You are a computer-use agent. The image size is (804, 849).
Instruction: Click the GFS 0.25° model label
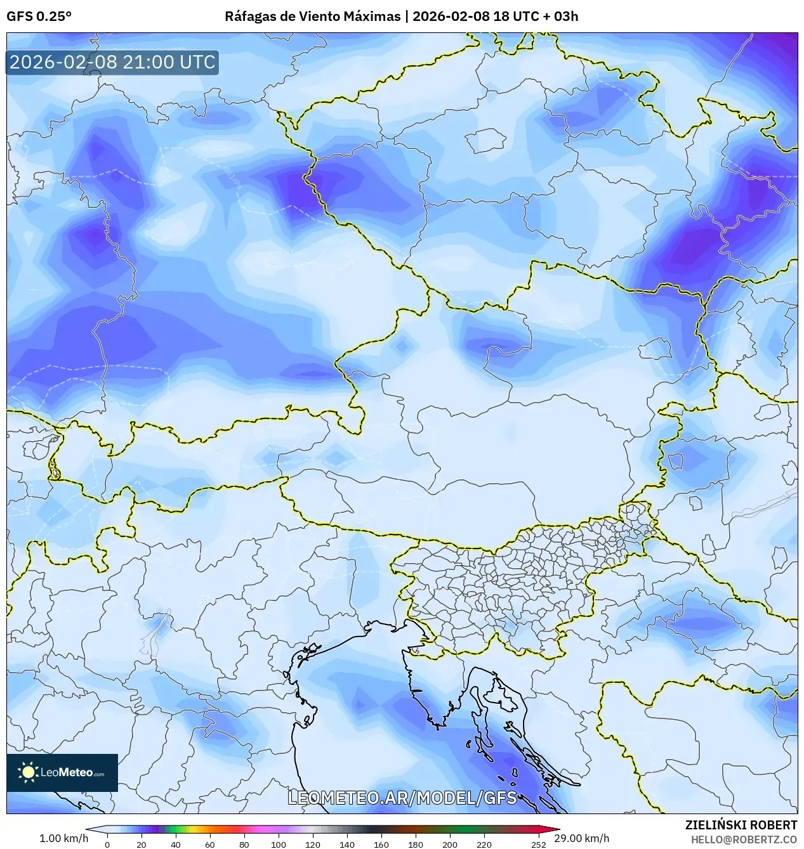pos(39,16)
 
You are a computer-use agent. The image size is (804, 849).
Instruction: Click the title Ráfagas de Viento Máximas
pos(312,16)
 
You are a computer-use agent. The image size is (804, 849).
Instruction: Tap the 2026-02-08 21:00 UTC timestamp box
pos(112,62)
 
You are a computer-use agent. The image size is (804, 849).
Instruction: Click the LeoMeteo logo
pos(62,772)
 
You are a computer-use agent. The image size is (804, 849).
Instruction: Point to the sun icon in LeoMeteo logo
pos(28,772)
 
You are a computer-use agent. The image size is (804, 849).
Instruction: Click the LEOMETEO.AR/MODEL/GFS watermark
pos(402,798)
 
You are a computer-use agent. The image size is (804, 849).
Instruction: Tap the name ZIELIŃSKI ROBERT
pos(741,825)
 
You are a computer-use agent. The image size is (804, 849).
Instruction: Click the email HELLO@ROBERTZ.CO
pos(744,839)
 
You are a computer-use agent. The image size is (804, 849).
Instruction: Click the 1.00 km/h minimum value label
pos(64,838)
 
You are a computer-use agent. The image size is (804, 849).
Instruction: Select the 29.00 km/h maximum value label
pos(581,838)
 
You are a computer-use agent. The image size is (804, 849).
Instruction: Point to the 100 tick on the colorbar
pos(279,844)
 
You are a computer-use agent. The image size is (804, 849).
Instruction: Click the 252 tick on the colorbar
pos(539,844)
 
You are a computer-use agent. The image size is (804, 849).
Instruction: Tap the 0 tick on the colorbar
pos(107,844)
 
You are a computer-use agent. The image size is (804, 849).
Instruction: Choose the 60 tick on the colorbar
pos(210,844)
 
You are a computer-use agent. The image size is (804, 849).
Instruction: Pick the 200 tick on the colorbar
pos(450,844)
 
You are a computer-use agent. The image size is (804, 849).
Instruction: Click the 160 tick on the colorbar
pos(381,844)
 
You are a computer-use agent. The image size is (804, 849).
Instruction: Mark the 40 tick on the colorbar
pos(176,844)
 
